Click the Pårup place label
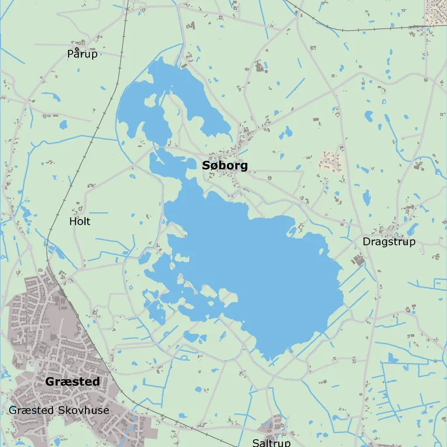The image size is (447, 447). pyautogui.click(x=82, y=54)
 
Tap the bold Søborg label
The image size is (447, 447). pyautogui.click(x=225, y=166)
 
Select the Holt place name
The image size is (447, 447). pyautogui.click(x=80, y=221)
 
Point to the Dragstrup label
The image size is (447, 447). pyautogui.click(x=389, y=241)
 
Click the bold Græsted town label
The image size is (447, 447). pyautogui.click(x=72, y=382)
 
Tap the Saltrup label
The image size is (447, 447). pyautogui.click(x=271, y=443)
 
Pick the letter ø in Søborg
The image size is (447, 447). pyautogui.click(x=215, y=166)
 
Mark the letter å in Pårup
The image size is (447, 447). pyautogui.click(x=76, y=53)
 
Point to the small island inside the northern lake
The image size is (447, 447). pyautogui.click(x=150, y=101)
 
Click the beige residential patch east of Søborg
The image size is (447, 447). pyautogui.click(x=330, y=162)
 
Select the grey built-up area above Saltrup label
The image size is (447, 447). pyautogui.click(x=272, y=427)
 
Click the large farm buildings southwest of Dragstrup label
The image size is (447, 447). pyautogui.click(x=357, y=260)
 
